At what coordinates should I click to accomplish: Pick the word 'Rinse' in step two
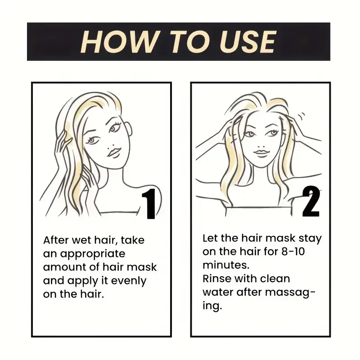(x=217, y=279)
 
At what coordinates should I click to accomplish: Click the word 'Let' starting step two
(x=210, y=238)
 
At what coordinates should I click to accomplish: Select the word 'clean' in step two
(x=275, y=279)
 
